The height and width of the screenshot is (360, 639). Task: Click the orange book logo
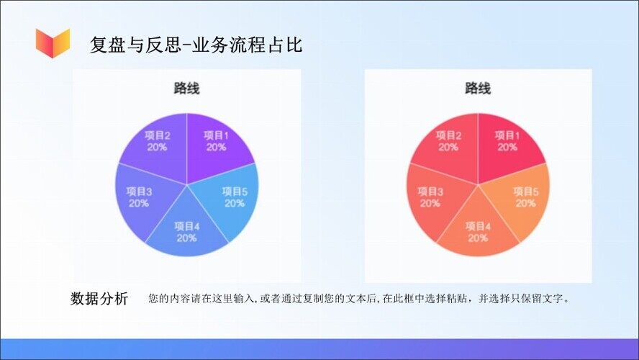53,42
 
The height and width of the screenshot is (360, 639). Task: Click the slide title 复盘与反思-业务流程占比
196,45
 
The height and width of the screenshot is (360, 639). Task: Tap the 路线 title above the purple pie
186,88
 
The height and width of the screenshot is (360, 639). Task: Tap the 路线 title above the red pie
478,88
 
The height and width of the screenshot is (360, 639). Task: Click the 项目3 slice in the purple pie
139,198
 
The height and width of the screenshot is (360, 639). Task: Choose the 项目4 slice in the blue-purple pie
186,230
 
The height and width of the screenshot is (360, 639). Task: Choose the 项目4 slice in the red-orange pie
478,230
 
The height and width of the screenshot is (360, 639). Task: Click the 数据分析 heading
99,299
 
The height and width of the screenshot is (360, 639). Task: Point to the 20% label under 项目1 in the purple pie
217,147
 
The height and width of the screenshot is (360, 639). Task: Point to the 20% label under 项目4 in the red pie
478,238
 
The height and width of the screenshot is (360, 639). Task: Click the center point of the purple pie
187,185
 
